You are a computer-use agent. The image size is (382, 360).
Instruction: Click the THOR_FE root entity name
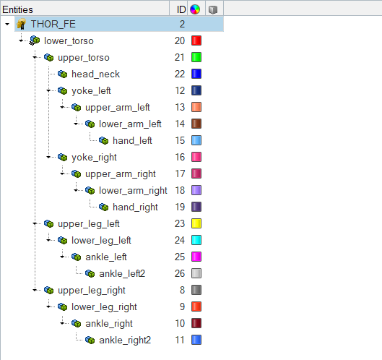pos(53,24)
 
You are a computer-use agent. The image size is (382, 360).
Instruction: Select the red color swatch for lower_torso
pos(196,40)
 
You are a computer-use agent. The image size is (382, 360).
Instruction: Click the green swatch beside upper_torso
pos(196,57)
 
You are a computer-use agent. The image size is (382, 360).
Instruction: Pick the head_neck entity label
pos(95,74)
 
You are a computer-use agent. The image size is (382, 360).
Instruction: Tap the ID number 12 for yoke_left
pos(180,91)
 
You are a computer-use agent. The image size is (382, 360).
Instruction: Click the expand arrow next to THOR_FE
pos(7,24)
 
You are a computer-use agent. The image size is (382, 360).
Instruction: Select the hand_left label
pos(132,141)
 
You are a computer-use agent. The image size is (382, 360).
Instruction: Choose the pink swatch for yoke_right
pos(196,157)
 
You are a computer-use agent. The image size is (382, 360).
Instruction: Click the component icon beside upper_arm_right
pos(77,174)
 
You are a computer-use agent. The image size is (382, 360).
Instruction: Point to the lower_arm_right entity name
pos(133,191)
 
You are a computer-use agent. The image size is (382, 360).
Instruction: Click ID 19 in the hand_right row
pos(180,207)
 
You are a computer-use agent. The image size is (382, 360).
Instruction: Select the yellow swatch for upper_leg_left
pos(196,223)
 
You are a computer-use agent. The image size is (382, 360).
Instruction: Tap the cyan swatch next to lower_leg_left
pos(196,240)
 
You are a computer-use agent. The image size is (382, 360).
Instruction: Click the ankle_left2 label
pos(122,274)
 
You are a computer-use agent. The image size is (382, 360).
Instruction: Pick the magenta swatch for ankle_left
pos(196,257)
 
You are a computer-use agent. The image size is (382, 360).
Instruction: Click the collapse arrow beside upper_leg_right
pos(35,291)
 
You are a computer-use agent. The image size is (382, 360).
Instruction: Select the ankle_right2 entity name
pos(125,340)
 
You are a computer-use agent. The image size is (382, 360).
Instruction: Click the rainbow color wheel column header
pos(195,9)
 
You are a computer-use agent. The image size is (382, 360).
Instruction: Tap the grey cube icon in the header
pos(213,9)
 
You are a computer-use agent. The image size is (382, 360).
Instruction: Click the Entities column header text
pos(17,9)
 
